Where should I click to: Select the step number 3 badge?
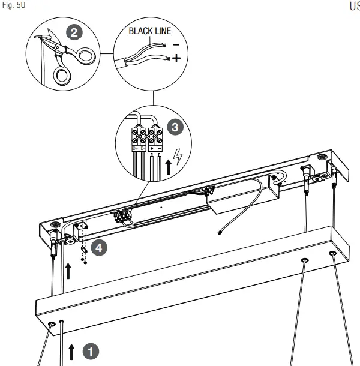pos(175,127)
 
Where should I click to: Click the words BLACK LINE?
pos(149,30)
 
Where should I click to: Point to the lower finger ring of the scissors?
pos(62,75)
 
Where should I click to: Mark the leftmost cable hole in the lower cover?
pos(52,325)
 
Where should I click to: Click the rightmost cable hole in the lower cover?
pos(333,254)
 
